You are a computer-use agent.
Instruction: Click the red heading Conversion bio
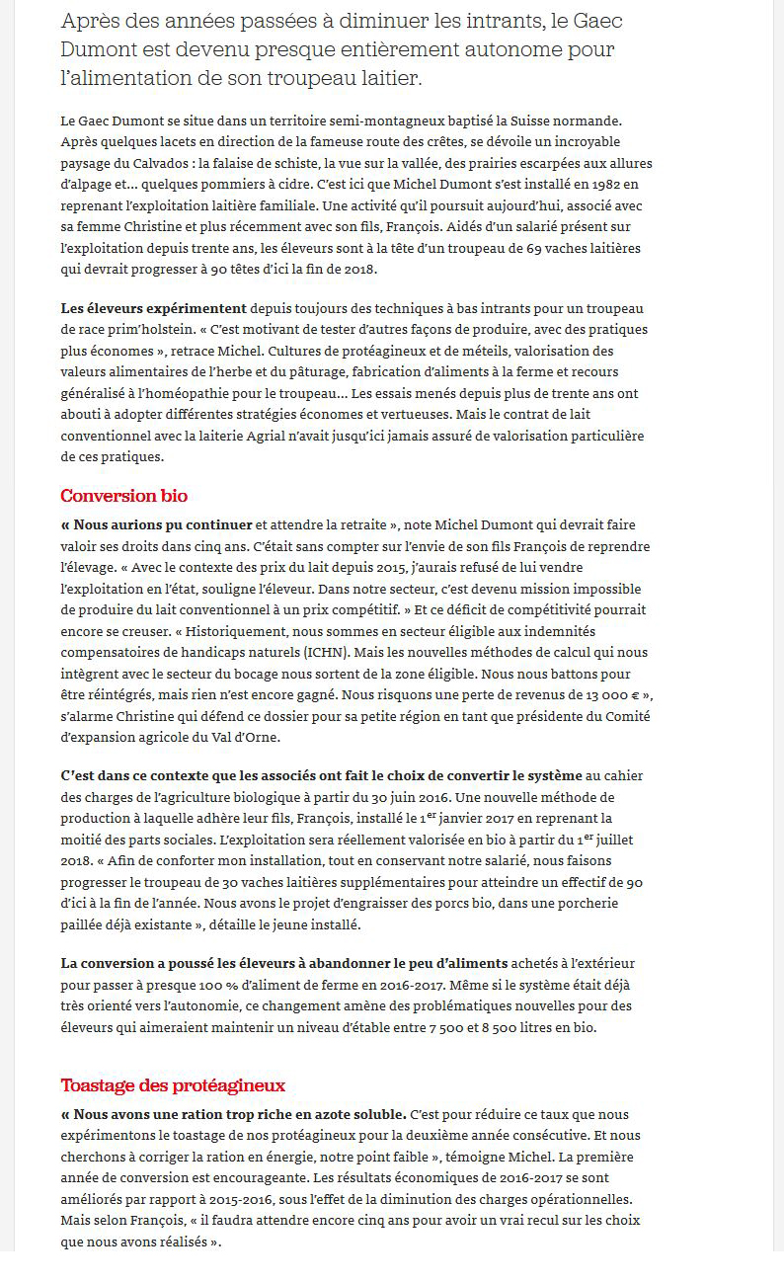click(x=123, y=496)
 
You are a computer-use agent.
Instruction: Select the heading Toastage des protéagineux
click(x=173, y=1085)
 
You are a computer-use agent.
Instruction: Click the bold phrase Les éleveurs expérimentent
click(x=154, y=308)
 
